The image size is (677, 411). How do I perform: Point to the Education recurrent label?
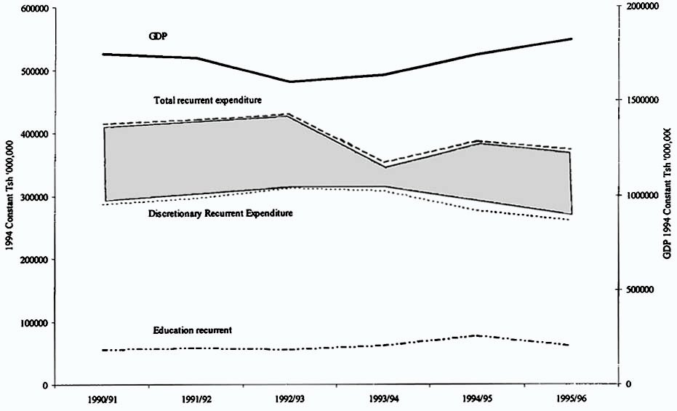point(192,330)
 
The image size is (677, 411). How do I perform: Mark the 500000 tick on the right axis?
point(644,290)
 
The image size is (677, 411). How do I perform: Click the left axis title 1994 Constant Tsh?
point(9,197)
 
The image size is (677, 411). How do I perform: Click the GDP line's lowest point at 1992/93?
point(290,81)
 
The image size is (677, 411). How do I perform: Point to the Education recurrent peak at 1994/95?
point(477,335)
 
